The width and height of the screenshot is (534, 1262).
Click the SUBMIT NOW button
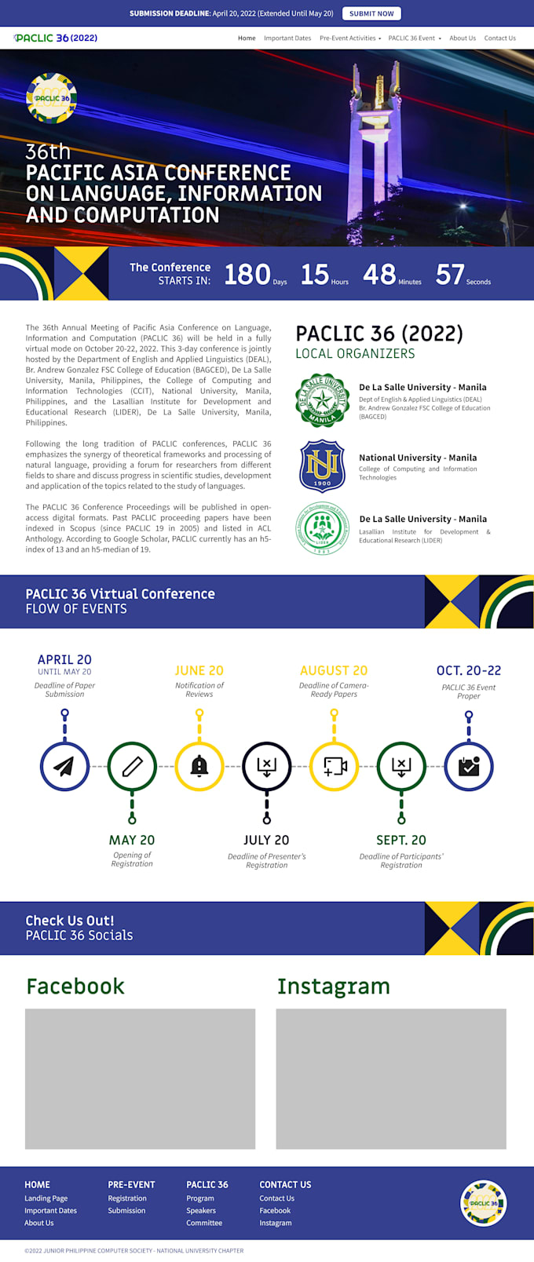click(x=371, y=13)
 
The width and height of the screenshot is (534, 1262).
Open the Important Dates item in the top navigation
click(x=287, y=38)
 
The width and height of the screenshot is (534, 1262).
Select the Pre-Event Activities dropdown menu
click(x=349, y=38)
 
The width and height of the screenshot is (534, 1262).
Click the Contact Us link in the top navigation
click(x=499, y=38)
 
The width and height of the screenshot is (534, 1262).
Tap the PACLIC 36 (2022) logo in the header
click(x=56, y=38)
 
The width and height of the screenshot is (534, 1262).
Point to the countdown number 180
click(x=247, y=274)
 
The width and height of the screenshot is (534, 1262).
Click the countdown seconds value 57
click(x=450, y=274)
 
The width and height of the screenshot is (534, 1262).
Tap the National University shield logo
click(x=322, y=465)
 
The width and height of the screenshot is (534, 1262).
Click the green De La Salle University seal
click(x=322, y=400)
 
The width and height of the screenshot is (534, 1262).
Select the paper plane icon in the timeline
click(x=64, y=766)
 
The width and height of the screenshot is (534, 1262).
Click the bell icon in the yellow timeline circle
click(x=199, y=766)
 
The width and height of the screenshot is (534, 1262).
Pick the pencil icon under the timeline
click(x=132, y=766)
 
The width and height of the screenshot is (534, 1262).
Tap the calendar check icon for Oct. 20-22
click(x=469, y=766)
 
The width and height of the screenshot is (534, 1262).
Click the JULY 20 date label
click(x=266, y=840)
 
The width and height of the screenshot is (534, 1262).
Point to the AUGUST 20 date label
click(x=334, y=670)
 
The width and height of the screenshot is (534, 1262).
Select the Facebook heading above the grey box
click(x=75, y=987)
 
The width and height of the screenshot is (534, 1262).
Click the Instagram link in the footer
click(x=276, y=1223)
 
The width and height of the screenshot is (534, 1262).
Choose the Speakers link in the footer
click(x=201, y=1210)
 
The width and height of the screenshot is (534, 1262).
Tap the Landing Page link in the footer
click(x=46, y=1198)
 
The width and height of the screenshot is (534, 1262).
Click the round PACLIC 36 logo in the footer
click(x=483, y=1203)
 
